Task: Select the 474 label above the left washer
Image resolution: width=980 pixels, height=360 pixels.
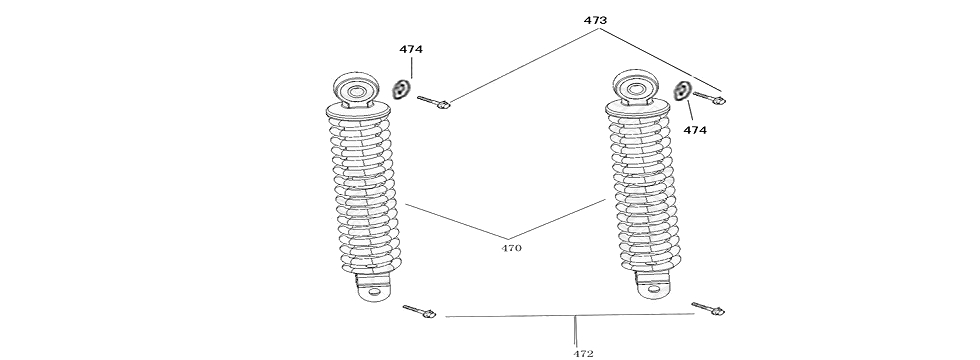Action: pyautogui.click(x=410, y=49)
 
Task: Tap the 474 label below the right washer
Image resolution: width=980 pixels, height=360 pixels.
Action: pyautogui.click(x=695, y=130)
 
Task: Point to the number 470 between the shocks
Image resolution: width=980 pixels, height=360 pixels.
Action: pyautogui.click(x=510, y=247)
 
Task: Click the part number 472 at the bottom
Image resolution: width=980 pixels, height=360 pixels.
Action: pyautogui.click(x=583, y=353)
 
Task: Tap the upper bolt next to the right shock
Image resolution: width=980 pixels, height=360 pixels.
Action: pyautogui.click(x=708, y=98)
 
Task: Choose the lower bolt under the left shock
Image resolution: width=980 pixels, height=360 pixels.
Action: pyautogui.click(x=420, y=313)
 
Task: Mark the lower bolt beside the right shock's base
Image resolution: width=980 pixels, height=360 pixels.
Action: pyautogui.click(x=708, y=309)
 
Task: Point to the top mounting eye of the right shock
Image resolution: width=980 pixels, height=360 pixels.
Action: pyautogui.click(x=635, y=90)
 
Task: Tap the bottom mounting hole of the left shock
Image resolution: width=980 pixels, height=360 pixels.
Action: pyautogui.click(x=375, y=294)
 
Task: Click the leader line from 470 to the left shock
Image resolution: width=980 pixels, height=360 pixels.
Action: pyautogui.click(x=455, y=222)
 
